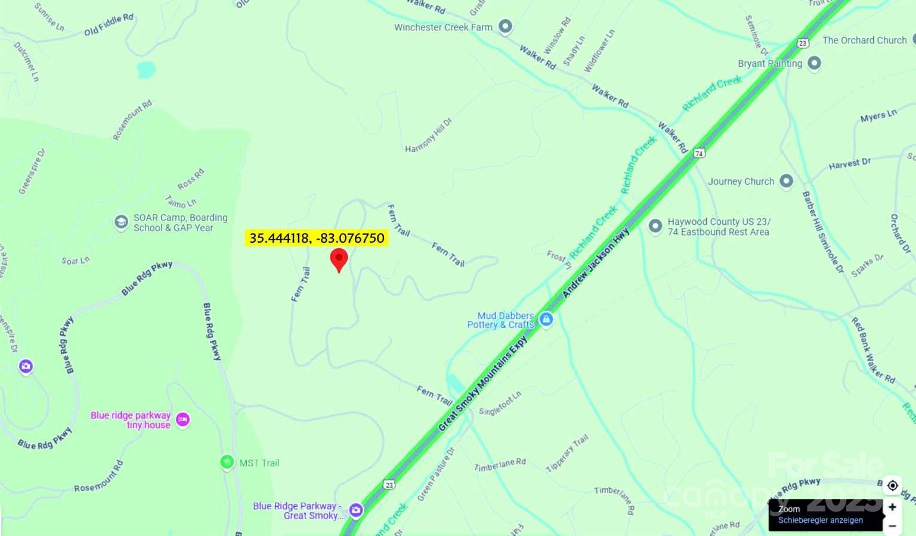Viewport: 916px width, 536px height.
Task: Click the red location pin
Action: coord(339,259)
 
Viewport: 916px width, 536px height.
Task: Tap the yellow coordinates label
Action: coord(317,238)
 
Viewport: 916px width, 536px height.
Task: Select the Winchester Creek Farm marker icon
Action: coord(505,26)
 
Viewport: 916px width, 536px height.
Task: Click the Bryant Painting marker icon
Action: coord(814,63)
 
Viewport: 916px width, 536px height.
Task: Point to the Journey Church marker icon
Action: coord(786,181)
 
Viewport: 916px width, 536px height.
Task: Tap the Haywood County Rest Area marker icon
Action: coord(655,226)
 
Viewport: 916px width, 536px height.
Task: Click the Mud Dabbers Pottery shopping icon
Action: coord(546,320)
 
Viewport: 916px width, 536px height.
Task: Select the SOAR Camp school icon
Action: coord(121,222)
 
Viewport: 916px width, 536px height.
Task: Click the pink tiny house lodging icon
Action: coord(182,420)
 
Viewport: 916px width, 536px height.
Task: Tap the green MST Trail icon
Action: coord(227,462)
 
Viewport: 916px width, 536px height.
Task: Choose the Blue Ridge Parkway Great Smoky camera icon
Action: coord(356,510)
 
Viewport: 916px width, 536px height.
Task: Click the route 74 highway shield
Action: coord(699,153)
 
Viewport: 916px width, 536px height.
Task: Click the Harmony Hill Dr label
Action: coord(428,135)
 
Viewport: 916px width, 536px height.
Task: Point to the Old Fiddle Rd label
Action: coord(109,24)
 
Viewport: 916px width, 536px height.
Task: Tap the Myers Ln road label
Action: coord(878,116)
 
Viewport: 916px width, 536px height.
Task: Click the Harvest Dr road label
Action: coord(849,164)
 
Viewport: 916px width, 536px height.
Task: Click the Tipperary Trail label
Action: coord(567,454)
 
